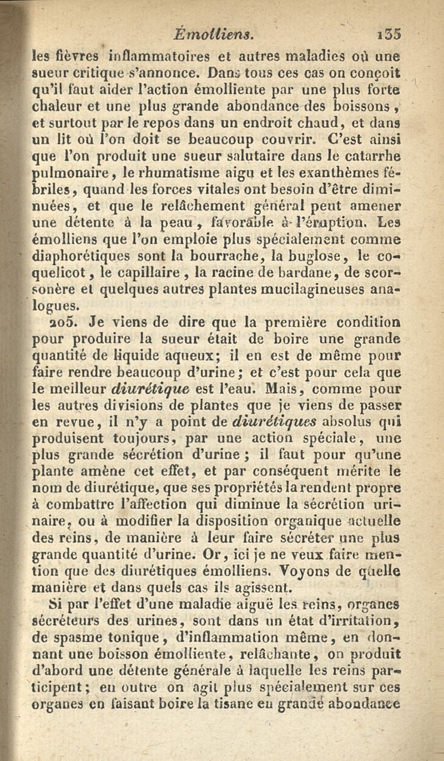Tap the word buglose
pos(310,257)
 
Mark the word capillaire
pos(145,274)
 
